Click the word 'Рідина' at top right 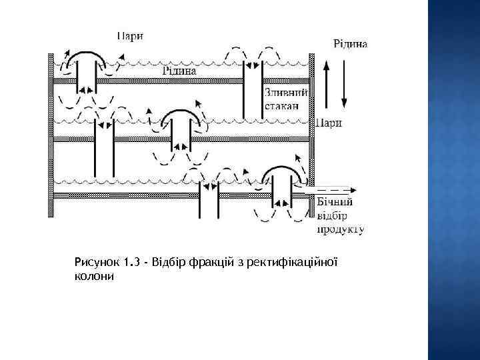pyautogui.click(x=349, y=43)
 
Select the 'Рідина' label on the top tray pyautogui.click(x=179, y=70)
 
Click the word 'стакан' pyautogui.click(x=282, y=105)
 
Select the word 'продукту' pyautogui.click(x=340, y=229)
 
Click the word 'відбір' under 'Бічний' pyautogui.click(x=332, y=216)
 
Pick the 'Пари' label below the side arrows pyautogui.click(x=329, y=122)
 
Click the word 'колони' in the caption pyautogui.click(x=94, y=275)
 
